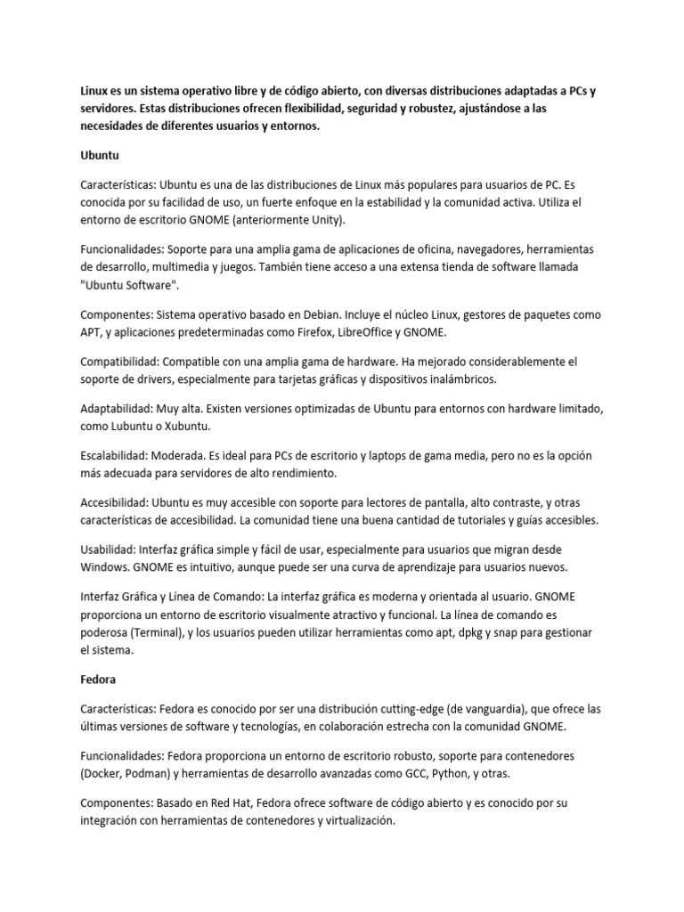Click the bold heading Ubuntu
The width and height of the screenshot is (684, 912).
click(x=100, y=154)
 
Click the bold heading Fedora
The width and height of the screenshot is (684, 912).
click(x=99, y=679)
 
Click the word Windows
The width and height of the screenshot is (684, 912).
click(x=106, y=566)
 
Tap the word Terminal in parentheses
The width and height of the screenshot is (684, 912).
click(x=162, y=631)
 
